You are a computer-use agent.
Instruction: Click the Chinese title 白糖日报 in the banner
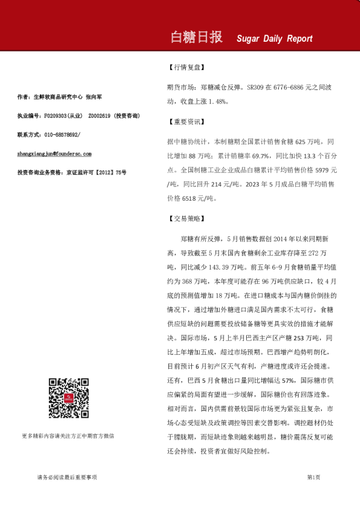(197, 37)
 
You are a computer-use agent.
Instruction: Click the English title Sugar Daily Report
(274, 39)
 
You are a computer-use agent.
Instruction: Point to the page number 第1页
(313, 478)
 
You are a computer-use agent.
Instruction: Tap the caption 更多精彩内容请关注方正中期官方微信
(68, 435)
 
